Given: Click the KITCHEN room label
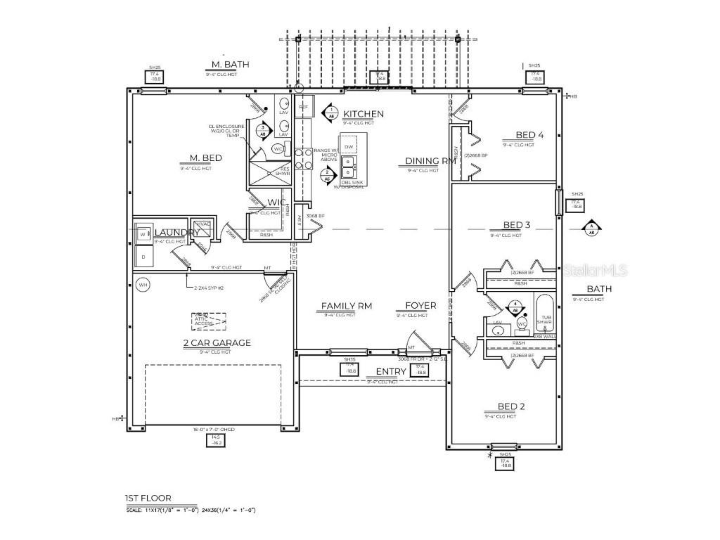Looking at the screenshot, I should [363, 114].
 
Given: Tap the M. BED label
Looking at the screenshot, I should [201, 158].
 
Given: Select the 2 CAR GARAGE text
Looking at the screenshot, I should [217, 343].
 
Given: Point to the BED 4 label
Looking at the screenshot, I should [529, 135].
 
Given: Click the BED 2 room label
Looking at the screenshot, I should [511, 406].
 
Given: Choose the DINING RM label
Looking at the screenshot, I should [430, 161].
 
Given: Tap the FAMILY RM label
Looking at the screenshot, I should [346, 306].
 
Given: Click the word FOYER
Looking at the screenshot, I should [420, 306].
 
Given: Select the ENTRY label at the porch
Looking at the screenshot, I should [391, 371].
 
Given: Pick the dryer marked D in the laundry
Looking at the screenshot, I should [143, 257].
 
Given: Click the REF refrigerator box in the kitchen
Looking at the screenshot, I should [304, 108].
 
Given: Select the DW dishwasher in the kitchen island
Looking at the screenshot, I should [349, 146].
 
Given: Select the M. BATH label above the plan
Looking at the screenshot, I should [226, 65].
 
